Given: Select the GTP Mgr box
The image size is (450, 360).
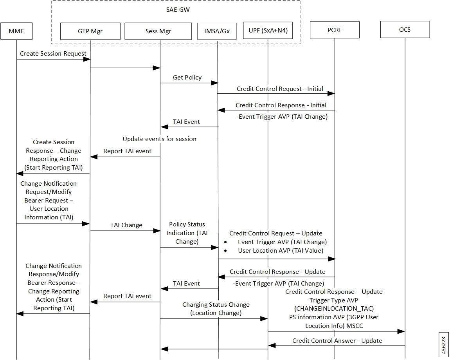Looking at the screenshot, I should click(90, 31).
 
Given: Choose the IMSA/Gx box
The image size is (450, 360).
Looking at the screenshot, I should click(217, 31).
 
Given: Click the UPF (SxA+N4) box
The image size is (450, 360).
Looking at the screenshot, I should click(268, 30).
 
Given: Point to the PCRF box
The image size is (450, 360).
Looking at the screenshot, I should click(335, 30).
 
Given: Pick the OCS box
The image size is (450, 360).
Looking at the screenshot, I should click(405, 29).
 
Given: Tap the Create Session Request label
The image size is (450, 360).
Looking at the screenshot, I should click(53, 53).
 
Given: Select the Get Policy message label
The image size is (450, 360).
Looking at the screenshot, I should click(187, 78).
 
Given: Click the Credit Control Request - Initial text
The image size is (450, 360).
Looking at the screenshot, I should click(280, 89).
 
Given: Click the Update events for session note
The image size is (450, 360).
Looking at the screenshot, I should click(159, 139).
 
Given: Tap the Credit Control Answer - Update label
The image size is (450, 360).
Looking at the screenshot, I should click(337, 340).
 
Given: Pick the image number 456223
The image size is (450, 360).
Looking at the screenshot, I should click(444, 344).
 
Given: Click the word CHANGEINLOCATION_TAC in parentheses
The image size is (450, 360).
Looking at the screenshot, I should click(334, 308).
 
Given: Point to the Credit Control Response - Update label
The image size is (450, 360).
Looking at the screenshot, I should click(277, 271).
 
